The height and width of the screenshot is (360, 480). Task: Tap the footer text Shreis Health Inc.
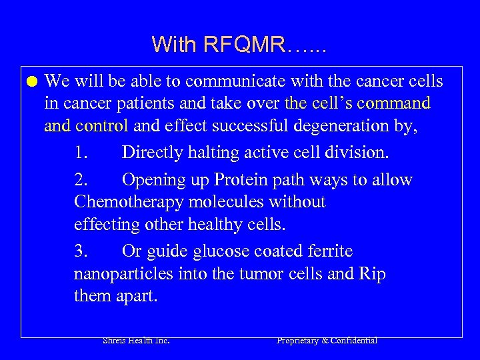tap(136, 341)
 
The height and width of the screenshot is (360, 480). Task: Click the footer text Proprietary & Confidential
tap(327, 341)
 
